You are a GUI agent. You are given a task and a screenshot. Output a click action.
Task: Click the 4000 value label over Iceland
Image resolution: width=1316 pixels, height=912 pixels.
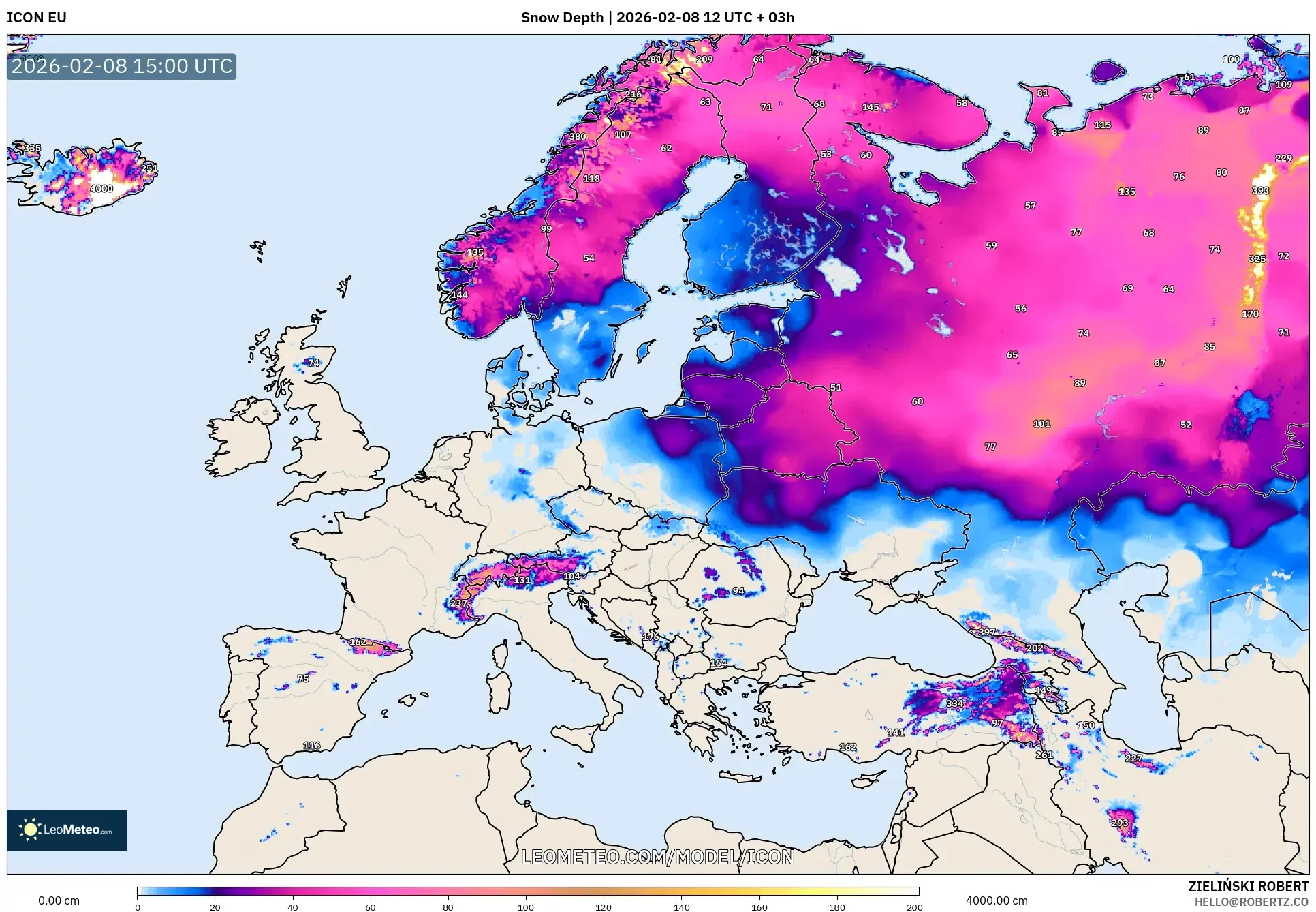[101, 189]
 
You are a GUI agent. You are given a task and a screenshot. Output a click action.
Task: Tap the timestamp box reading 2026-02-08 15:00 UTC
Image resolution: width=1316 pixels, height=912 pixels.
[122, 66]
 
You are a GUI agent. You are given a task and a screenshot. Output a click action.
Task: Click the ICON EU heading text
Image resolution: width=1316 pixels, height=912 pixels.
[37, 18]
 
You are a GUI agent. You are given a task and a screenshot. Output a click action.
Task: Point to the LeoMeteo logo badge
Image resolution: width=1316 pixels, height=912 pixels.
[67, 830]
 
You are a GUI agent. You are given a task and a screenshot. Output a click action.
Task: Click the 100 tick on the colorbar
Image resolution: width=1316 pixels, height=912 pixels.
[525, 907]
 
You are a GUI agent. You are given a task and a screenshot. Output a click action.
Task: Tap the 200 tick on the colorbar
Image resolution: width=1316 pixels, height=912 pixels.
[914, 907]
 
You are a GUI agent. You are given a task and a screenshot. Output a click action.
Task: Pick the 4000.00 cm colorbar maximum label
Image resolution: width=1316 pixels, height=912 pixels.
[996, 900]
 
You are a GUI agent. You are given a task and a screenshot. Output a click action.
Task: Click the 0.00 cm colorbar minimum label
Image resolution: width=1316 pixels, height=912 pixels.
[59, 900]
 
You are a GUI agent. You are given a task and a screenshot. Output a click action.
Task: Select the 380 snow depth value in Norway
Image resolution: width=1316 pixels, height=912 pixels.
[578, 136]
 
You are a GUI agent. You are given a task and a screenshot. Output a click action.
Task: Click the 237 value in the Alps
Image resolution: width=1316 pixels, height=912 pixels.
[458, 603]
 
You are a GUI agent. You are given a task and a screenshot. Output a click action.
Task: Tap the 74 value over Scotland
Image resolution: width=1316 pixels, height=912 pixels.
[313, 363]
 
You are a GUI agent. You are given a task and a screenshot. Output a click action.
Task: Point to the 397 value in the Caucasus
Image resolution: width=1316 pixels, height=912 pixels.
[986, 632]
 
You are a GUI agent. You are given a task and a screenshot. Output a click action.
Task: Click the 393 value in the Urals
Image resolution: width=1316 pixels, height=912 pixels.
[1260, 191]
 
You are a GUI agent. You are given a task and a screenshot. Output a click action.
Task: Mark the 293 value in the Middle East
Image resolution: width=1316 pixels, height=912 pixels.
[1120, 823]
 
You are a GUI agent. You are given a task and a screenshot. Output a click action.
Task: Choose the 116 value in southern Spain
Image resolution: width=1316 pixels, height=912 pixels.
[311, 745]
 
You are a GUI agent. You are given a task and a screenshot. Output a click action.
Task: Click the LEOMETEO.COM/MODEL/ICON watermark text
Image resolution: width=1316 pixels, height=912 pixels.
[657, 857]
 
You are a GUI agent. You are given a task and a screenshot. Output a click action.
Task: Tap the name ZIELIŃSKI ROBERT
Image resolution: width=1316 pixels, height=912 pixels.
[1248, 886]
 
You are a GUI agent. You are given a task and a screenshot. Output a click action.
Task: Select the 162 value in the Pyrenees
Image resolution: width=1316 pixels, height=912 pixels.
[358, 642]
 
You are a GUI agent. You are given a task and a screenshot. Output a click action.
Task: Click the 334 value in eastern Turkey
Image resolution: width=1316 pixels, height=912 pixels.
[954, 703]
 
